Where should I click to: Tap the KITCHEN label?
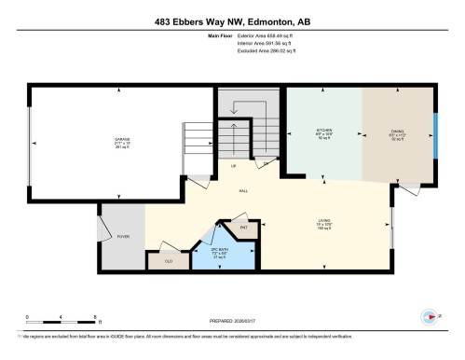324,130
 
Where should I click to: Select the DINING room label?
397,131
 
